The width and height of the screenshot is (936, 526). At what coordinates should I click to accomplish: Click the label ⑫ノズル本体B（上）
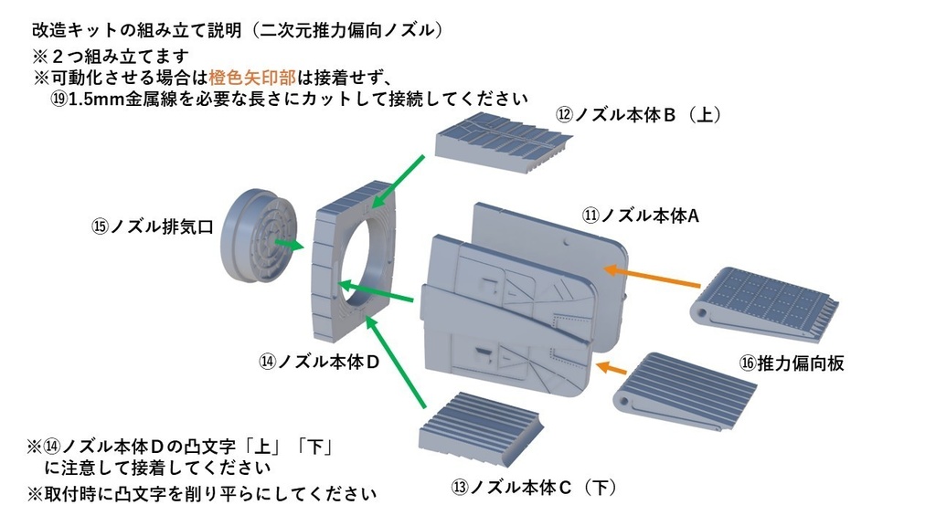pyautogui.click(x=640, y=115)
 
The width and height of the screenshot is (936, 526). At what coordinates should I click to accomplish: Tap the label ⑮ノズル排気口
pyautogui.click(x=152, y=226)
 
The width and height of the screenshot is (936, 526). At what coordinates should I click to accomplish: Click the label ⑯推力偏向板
pyautogui.click(x=791, y=363)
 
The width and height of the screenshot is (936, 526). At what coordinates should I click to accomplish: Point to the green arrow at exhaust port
pyautogui.click(x=290, y=245)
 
